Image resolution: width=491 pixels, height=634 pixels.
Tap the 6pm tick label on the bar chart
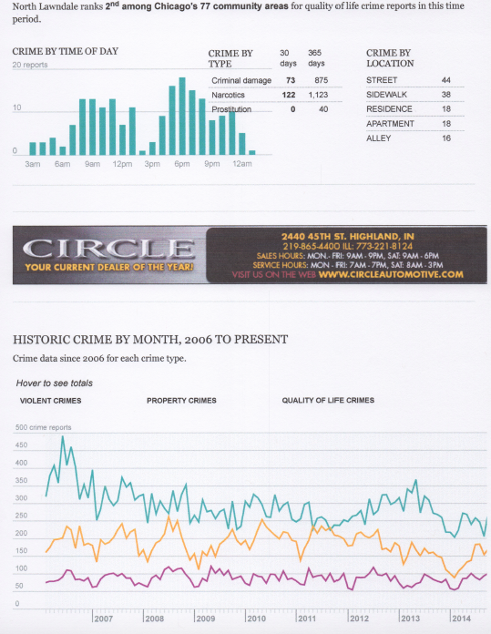181,164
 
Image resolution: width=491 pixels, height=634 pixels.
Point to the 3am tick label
32,164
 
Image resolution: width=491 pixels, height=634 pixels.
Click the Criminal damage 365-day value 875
317,80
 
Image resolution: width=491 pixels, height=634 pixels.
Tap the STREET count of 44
445,80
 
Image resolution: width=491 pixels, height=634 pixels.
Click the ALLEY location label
379,138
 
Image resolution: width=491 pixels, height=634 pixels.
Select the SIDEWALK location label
386,95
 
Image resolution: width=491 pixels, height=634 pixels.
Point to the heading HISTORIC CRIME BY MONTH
151,339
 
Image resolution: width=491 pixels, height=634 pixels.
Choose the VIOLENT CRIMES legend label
50,401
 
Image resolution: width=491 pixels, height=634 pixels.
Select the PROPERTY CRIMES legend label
180,401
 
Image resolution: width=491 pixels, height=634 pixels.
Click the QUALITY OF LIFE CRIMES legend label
328,401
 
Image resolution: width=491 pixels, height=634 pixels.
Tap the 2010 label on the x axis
257,619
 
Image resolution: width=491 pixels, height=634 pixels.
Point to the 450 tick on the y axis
22,445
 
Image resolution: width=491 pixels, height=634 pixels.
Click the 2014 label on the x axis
461,619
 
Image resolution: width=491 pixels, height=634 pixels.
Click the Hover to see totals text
55,383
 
